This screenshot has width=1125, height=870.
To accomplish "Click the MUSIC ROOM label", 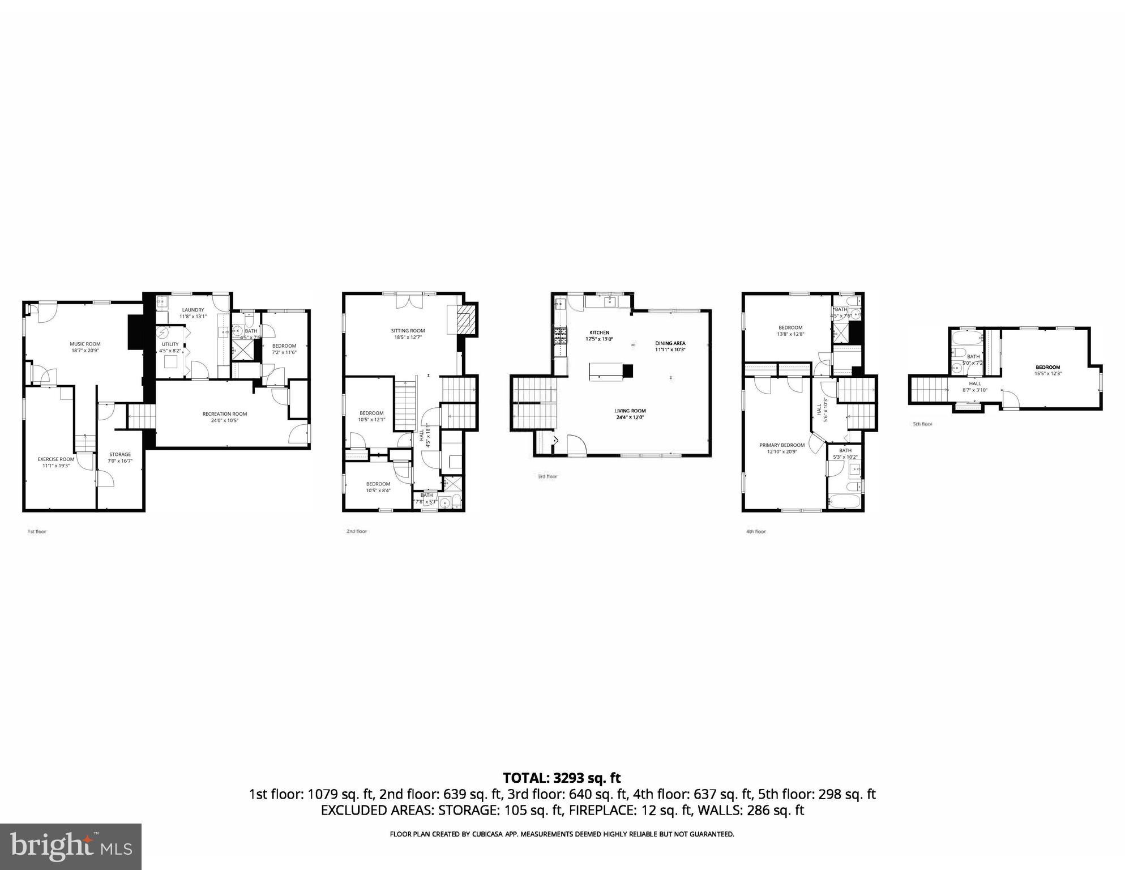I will [x=85, y=344].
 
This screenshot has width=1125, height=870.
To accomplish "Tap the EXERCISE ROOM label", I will [x=56, y=459].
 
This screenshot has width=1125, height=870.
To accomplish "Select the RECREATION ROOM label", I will [x=225, y=414].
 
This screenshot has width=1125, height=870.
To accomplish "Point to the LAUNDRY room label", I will [x=193, y=310].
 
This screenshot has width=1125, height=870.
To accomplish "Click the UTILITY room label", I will [x=170, y=344].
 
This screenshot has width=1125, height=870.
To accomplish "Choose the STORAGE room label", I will [x=120, y=454].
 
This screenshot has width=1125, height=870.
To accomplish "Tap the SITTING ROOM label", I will [x=408, y=331].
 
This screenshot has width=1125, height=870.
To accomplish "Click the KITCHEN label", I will [x=600, y=332].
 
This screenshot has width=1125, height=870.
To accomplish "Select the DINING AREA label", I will [x=670, y=343].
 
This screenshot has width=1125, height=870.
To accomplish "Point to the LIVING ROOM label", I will [x=630, y=411].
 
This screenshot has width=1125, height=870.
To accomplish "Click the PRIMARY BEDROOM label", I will [x=782, y=445].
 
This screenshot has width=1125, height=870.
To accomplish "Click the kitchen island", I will [x=606, y=371].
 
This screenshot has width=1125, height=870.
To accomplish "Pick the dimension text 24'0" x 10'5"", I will [x=225, y=421].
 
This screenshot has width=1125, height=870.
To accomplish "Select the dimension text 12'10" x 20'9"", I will [x=782, y=452].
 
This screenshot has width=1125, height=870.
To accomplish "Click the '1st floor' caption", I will [x=37, y=532].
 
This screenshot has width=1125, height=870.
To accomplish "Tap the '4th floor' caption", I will [x=756, y=532].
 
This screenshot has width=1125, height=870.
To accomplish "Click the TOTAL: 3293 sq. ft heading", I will [x=562, y=778].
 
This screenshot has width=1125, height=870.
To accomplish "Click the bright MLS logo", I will [x=71, y=846].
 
